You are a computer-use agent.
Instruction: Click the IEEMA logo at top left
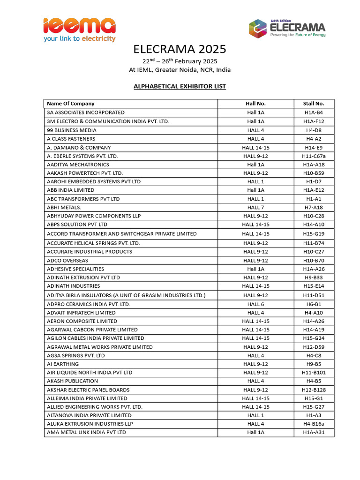79,29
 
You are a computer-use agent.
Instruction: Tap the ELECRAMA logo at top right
287,28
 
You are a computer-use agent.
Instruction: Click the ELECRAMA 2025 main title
180,49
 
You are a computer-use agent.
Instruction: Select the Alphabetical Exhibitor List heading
180,86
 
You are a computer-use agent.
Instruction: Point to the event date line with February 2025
180,61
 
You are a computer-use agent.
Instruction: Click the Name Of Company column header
71,104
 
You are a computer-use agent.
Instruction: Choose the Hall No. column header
255,104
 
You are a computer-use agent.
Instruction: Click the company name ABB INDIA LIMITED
71,190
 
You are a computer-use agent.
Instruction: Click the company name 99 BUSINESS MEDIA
72,130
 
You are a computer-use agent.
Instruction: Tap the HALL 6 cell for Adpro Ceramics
255,304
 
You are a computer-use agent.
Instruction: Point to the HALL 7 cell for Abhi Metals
255,208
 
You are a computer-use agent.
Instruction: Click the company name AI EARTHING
63,364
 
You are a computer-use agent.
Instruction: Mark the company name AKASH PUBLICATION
73,381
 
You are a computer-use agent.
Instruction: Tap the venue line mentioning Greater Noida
180,70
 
